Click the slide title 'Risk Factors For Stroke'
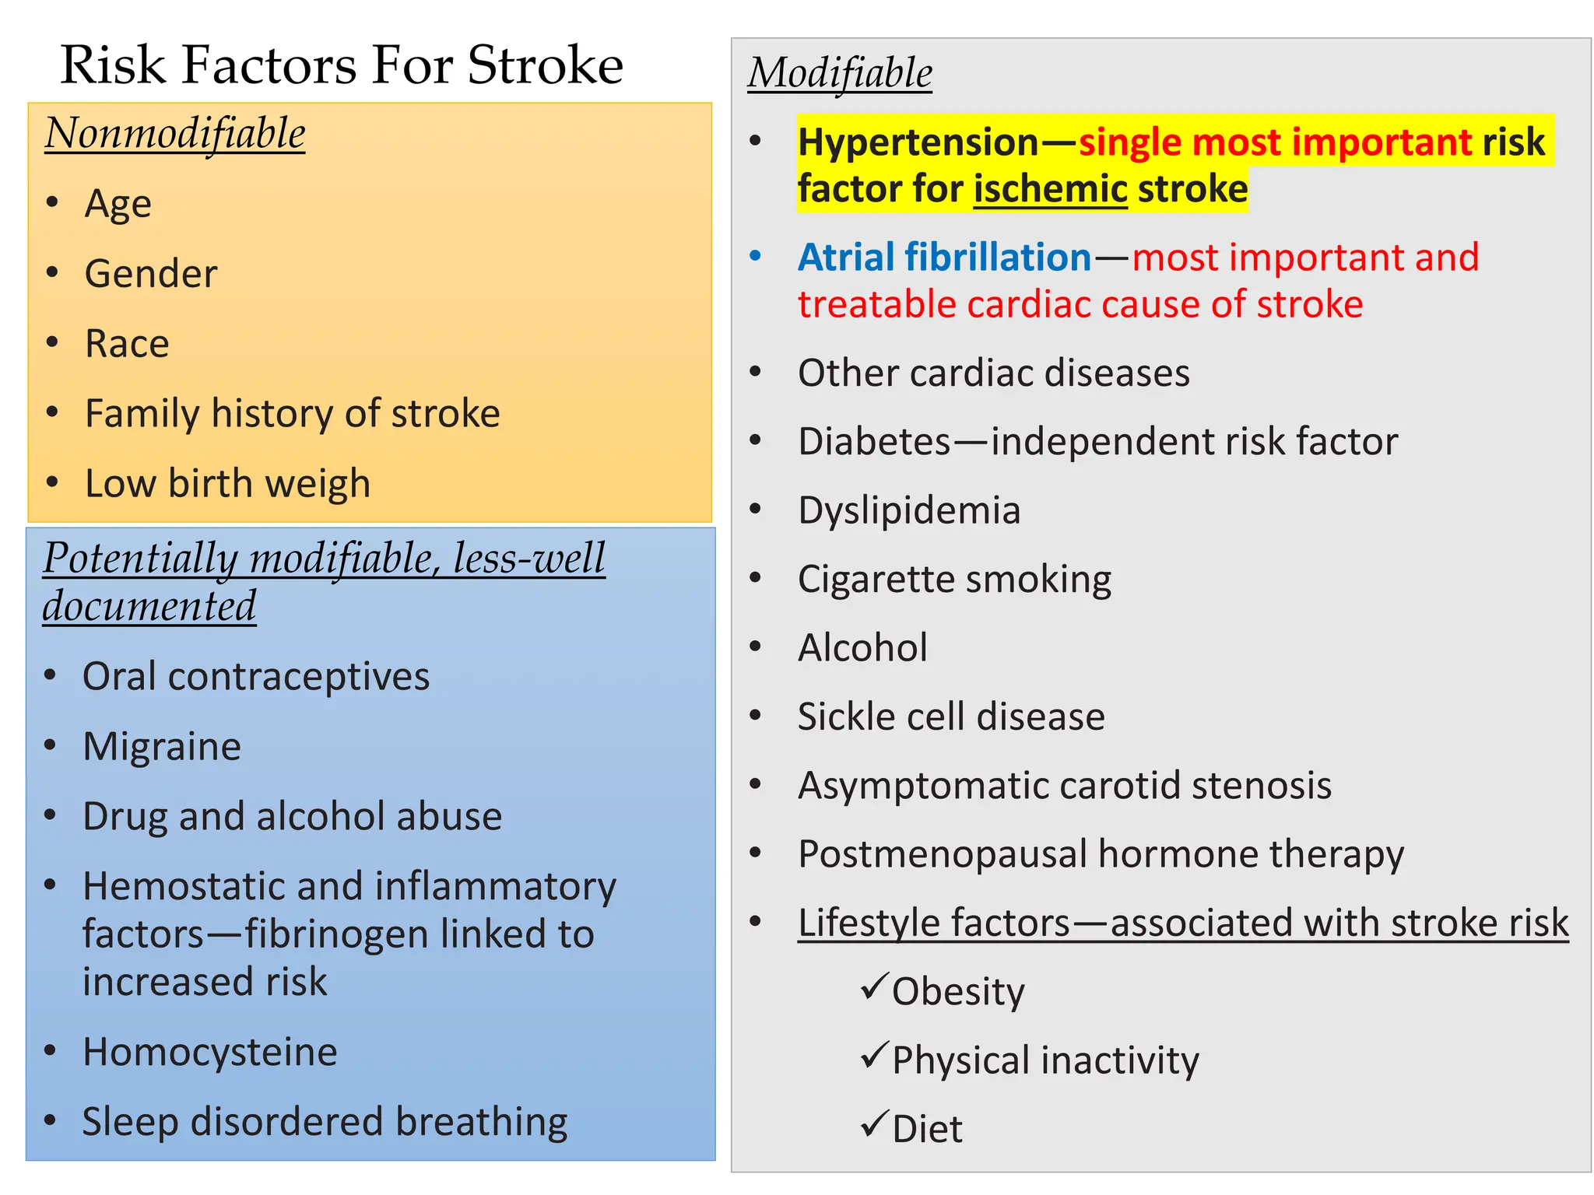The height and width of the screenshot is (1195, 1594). pos(342,65)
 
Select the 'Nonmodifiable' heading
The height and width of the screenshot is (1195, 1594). pos(175,133)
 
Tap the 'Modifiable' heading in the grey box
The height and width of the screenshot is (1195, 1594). pos(840,73)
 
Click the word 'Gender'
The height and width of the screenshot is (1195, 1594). pos(151,274)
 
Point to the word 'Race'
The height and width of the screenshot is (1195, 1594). pos(127,344)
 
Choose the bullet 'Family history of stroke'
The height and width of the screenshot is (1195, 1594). pos(292,413)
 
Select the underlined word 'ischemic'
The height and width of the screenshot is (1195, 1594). pos(1051,189)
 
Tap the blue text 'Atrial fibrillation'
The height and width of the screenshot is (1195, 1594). pos(944,258)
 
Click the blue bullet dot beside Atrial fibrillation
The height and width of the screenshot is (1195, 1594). pos(755,256)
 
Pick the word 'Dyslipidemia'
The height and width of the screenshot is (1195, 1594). pos(909,510)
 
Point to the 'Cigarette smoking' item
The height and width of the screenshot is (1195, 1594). pos(954,580)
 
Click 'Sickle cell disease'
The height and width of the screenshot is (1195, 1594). pos(951,717)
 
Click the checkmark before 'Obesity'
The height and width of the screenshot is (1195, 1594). pos(875,986)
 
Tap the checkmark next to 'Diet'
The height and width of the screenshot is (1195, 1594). pos(875,1124)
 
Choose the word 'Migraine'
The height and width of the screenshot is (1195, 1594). pos(162,747)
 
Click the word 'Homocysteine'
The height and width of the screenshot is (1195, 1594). pos(210,1053)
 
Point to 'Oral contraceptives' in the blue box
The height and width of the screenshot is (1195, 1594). pos(256,677)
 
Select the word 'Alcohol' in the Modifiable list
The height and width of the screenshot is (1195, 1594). pos(862,648)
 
